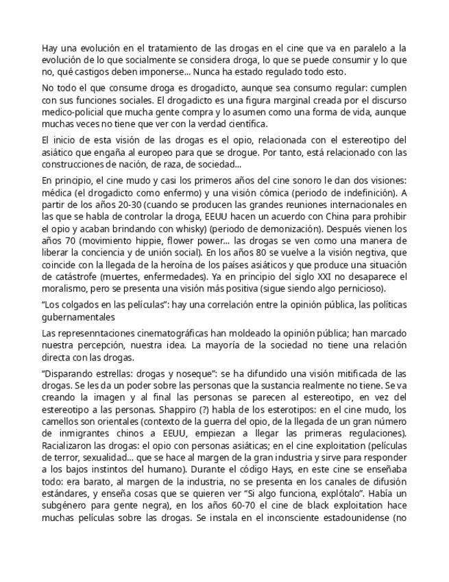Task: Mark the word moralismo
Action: coord(65,289)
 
